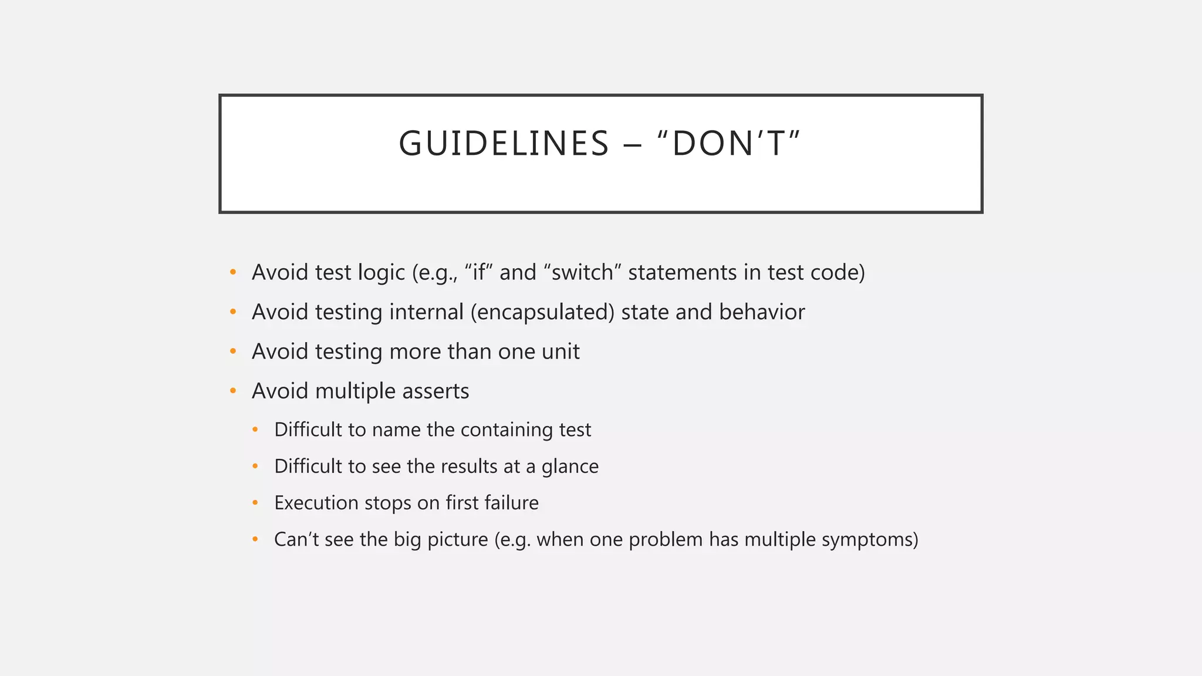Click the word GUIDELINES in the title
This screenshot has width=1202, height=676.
click(x=504, y=144)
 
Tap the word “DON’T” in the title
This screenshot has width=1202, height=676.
click(x=730, y=144)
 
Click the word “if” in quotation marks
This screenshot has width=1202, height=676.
click(x=478, y=272)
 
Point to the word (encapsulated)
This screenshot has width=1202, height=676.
click(x=542, y=312)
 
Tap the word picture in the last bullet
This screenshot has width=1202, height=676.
click(x=457, y=539)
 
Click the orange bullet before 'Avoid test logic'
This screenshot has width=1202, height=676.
click(x=233, y=272)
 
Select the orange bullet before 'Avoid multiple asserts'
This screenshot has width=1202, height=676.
click(x=233, y=391)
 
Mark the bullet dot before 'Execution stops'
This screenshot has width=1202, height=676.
click(x=255, y=503)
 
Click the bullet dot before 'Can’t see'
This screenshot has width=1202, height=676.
click(x=255, y=539)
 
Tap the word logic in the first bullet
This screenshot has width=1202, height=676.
click(x=380, y=272)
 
